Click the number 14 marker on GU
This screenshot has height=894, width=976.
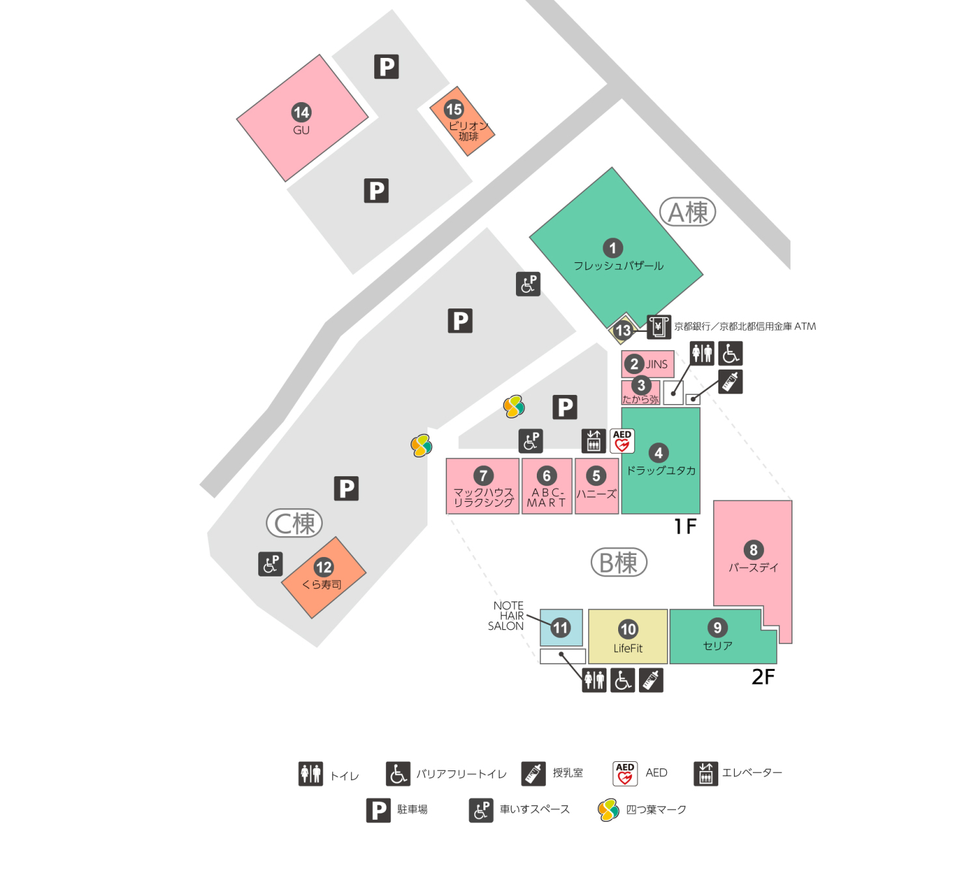point(301,113)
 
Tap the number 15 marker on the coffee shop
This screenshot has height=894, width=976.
point(454,109)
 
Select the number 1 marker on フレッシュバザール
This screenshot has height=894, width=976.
point(612,248)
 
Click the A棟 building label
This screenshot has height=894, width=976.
point(688,212)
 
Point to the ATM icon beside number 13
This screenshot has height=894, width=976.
point(658,327)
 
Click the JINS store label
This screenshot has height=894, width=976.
point(657,364)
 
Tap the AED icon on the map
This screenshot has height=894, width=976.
point(622,440)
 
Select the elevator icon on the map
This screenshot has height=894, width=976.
point(593,440)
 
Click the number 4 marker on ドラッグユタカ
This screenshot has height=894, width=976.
point(658,453)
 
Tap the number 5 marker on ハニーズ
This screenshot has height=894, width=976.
point(596,476)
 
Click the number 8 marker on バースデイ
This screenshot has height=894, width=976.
point(753,550)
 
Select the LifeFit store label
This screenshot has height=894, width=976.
point(628,648)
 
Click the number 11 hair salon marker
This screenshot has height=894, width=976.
point(560,628)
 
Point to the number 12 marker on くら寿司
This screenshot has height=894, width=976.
point(323,567)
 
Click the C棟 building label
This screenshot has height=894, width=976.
point(295,523)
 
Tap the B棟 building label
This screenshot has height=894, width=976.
point(619,563)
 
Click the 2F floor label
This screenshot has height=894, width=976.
point(763,677)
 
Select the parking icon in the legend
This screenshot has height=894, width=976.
point(378,810)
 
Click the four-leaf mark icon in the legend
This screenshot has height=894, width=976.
point(608,810)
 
